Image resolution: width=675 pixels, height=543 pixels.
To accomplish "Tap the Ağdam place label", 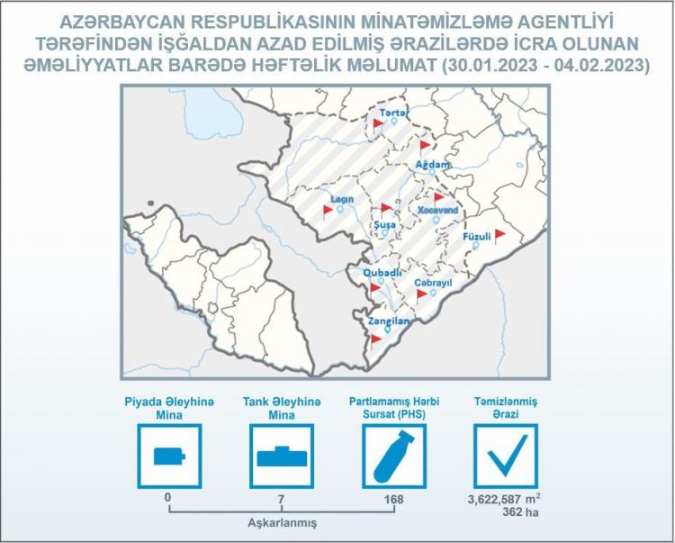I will (430, 164).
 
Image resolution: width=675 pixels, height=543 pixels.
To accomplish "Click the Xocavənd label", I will (438, 210).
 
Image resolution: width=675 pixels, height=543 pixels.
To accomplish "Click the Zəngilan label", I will (389, 321).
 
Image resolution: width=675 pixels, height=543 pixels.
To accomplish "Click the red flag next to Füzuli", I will (499, 233).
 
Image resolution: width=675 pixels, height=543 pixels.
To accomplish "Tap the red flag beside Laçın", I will (328, 211).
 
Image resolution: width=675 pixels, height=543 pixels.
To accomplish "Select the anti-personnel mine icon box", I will (168, 455).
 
